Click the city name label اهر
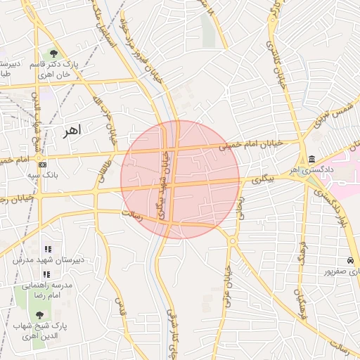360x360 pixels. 72,131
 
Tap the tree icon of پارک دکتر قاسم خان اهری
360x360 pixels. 54,53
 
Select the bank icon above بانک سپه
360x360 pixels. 43,164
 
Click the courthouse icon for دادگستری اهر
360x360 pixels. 311,158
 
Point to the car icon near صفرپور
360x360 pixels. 351,261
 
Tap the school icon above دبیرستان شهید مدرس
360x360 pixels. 48,249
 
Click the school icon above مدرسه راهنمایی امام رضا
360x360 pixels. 48,274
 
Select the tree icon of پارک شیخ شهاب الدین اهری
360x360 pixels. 39,315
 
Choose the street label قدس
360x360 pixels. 120,308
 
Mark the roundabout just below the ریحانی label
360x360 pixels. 232,241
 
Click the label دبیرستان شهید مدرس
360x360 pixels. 48,259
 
